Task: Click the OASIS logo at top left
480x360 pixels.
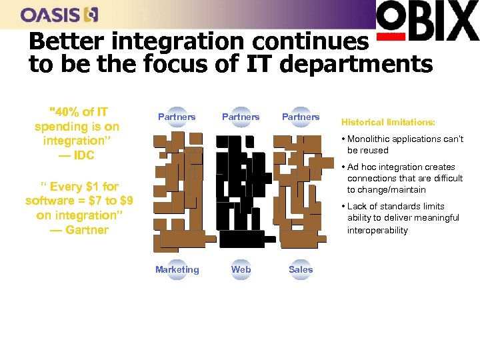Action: coord(59,14)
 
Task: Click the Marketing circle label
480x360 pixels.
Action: coord(177,269)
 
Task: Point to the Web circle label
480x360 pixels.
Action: coord(241,269)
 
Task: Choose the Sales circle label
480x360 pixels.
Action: coord(301,269)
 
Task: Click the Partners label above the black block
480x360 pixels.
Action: coord(241,117)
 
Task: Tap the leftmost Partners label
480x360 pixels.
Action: coord(177,117)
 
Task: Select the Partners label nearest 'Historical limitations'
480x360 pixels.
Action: coord(301,117)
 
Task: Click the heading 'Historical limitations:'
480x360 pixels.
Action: coord(388,123)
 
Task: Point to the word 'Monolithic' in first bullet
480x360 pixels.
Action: coord(369,139)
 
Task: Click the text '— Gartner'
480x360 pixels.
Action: coord(79,230)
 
